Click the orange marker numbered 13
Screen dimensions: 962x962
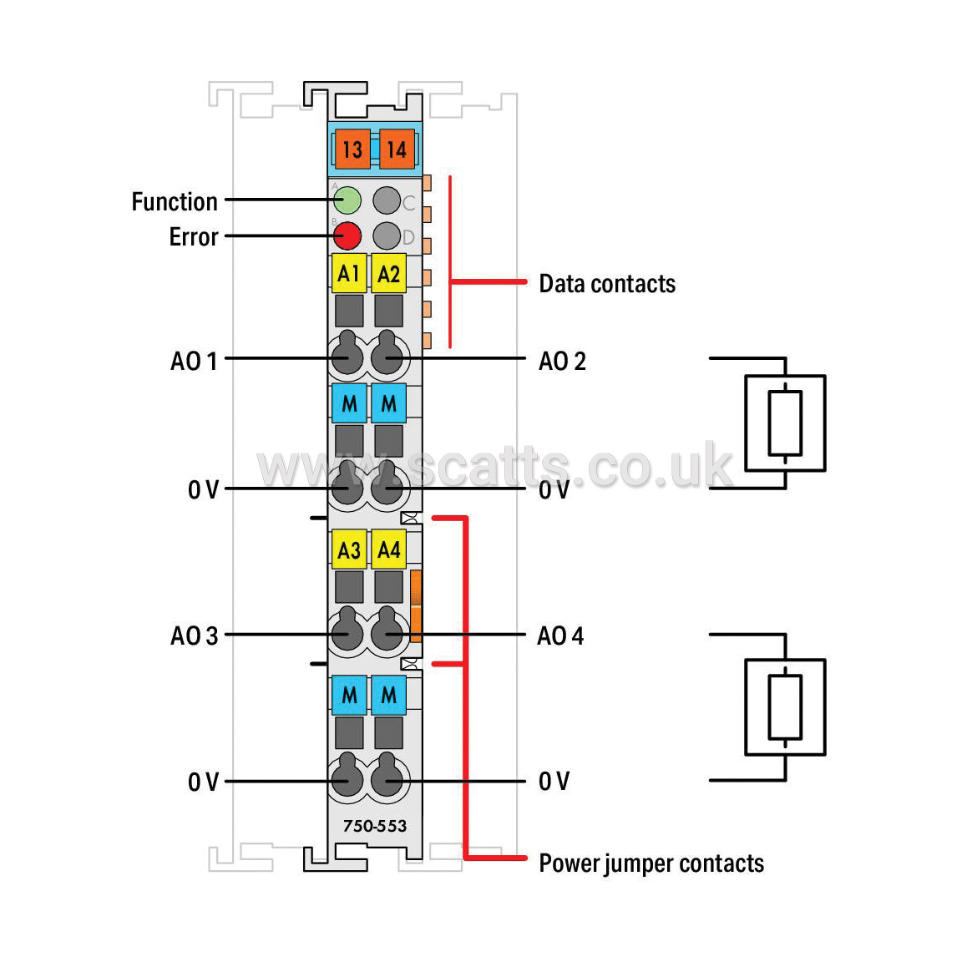point(352,149)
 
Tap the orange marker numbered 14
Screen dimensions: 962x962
point(397,149)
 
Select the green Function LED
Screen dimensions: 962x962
point(347,200)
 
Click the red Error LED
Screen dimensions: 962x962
point(347,236)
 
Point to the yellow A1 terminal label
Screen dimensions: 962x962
point(349,273)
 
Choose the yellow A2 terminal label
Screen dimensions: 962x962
point(389,273)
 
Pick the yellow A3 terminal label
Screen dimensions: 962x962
point(349,549)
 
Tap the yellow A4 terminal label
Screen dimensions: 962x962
point(389,549)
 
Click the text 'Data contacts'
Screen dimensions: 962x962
point(607,284)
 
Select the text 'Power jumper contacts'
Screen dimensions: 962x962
point(651,863)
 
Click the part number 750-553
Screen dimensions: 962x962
point(375,826)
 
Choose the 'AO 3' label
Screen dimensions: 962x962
point(194,636)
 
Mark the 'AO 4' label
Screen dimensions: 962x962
point(561,636)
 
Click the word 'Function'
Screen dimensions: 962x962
point(175,202)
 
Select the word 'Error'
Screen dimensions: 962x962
point(194,237)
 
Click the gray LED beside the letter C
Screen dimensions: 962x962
point(387,200)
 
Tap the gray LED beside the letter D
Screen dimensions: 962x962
point(387,236)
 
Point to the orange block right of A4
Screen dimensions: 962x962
point(415,606)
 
